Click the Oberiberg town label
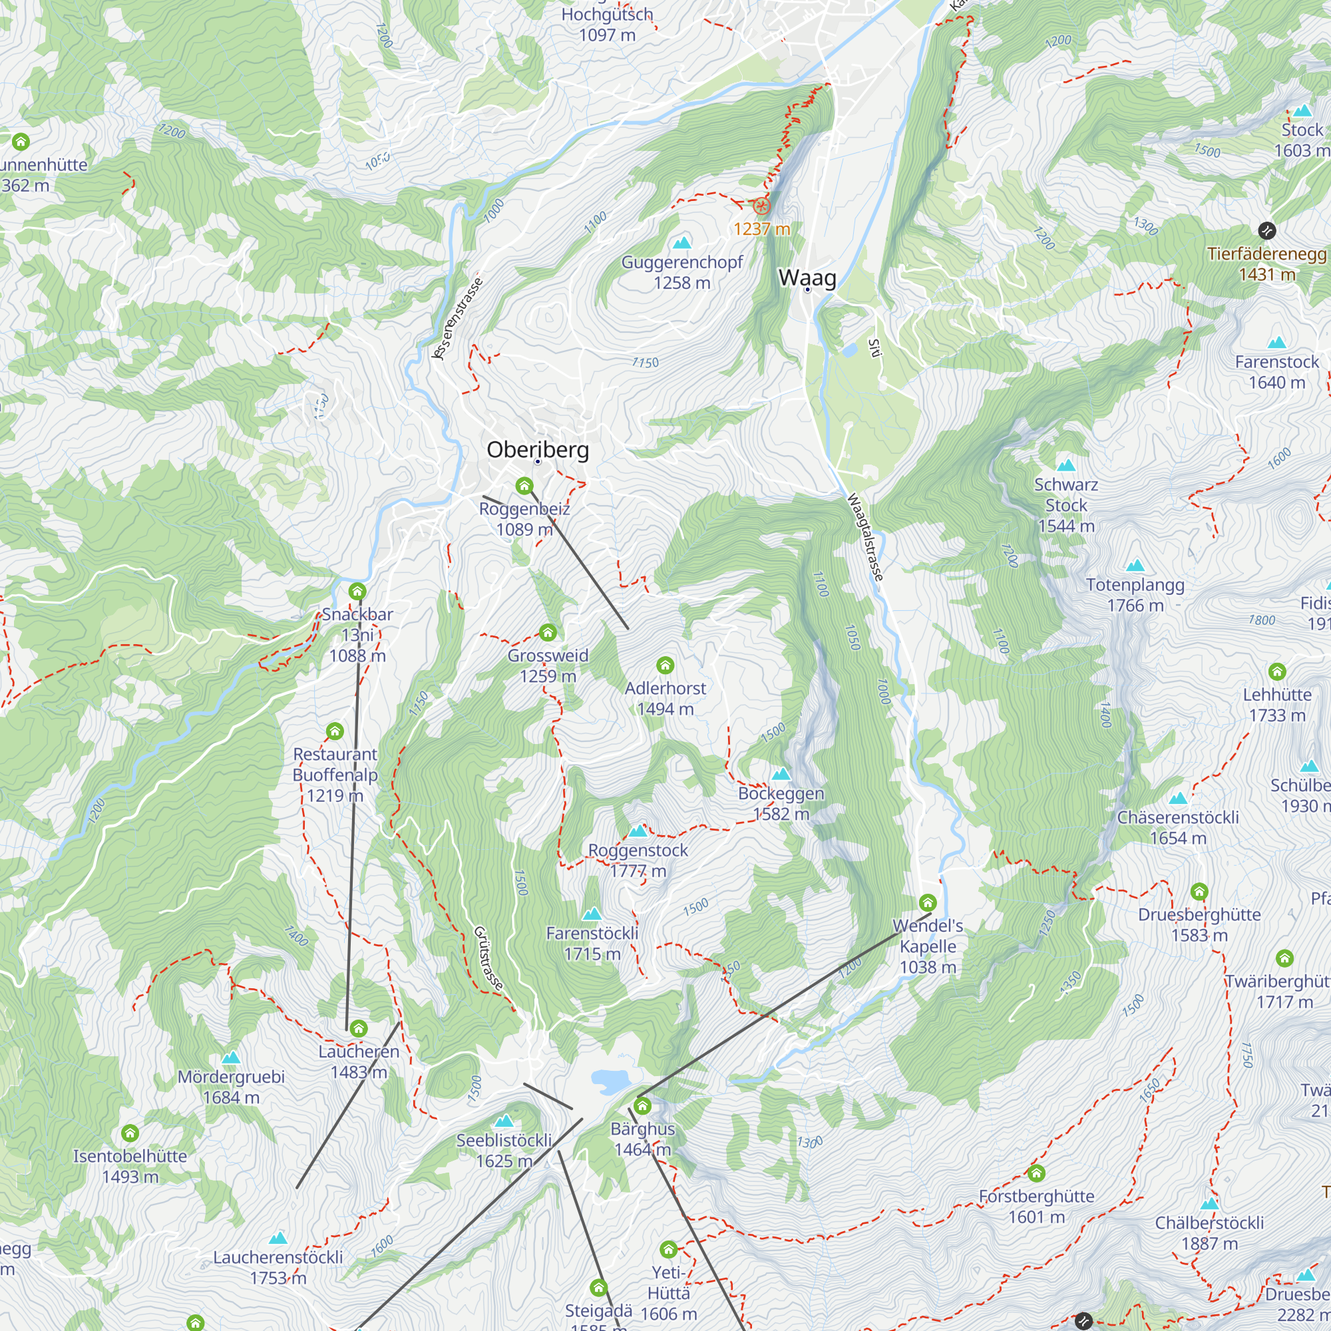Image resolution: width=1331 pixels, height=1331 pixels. (537, 450)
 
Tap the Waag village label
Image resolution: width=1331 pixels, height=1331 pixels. (807, 278)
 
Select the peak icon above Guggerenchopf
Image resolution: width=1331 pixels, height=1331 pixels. (682, 242)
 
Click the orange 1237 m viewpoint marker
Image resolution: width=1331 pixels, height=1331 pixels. (761, 206)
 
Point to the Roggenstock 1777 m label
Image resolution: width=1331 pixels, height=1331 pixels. (638, 860)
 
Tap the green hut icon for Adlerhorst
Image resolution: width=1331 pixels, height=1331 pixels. (665, 665)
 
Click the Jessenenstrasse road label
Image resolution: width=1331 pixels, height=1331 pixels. (457, 318)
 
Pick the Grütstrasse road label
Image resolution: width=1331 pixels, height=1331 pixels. (489, 958)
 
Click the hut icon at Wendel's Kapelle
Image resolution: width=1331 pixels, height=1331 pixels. (928, 902)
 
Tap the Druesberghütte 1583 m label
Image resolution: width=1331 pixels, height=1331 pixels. (1199, 924)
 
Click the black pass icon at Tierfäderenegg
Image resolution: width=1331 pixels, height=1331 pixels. (1267, 230)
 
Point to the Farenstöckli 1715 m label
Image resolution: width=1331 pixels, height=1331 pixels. (592, 942)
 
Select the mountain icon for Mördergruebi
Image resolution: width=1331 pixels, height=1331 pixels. (231, 1057)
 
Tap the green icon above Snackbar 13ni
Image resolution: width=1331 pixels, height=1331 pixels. (357, 591)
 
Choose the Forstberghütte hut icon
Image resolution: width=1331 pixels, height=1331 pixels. (1036, 1173)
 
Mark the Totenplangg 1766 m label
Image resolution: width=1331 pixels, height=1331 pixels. (1135, 594)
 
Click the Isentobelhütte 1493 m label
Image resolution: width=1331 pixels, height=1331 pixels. (130, 1166)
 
